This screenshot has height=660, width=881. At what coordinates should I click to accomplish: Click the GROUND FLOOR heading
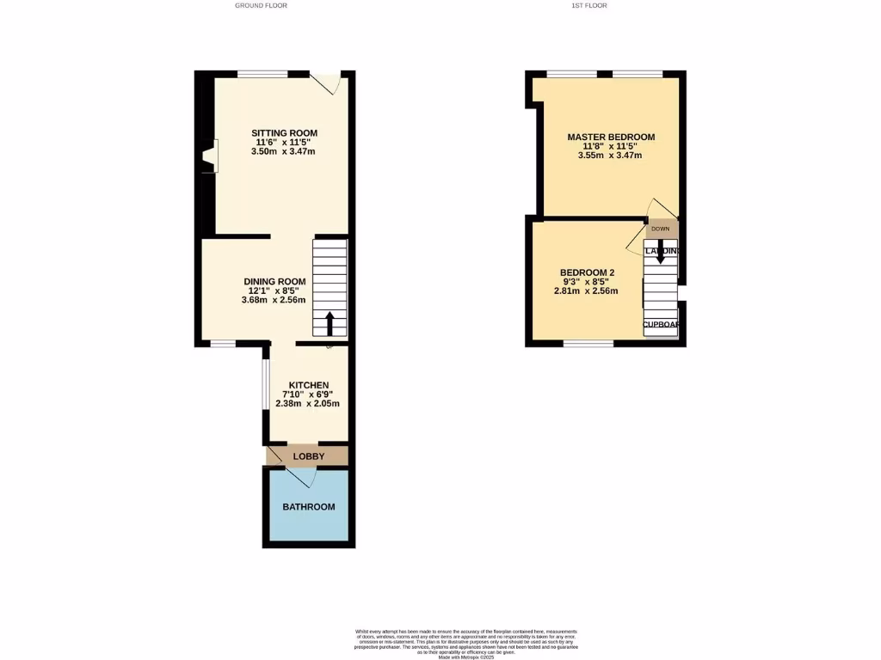pyautogui.click(x=261, y=5)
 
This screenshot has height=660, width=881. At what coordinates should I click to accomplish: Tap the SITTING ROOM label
pyautogui.click(x=284, y=133)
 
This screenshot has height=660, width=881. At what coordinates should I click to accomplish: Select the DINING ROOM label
pyautogui.click(x=274, y=281)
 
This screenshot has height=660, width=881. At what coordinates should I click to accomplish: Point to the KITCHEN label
pyautogui.click(x=308, y=385)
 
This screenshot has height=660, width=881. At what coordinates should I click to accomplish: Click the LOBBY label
pyautogui.click(x=308, y=456)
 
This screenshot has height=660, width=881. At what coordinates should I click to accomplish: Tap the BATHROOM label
pyautogui.click(x=309, y=507)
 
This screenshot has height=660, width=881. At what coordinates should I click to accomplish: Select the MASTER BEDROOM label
pyautogui.click(x=611, y=137)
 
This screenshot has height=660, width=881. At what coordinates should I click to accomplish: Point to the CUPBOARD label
pyautogui.click(x=662, y=325)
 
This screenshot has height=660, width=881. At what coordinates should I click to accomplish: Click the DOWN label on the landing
pyautogui.click(x=660, y=229)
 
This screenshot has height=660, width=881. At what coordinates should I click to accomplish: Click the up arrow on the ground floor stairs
pyautogui.click(x=330, y=324)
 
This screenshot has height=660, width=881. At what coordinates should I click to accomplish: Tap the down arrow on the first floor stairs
pyautogui.click(x=661, y=251)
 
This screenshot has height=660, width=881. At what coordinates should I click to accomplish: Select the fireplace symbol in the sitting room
pyautogui.click(x=209, y=160)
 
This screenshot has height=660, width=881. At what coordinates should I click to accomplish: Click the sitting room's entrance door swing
pyautogui.click(x=327, y=82)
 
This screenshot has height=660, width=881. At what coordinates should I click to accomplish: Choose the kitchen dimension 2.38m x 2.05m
pyautogui.click(x=308, y=404)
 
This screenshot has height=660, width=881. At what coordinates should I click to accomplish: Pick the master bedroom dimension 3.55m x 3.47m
pyautogui.click(x=611, y=156)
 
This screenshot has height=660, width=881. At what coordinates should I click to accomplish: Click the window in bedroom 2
pyautogui.click(x=588, y=343)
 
